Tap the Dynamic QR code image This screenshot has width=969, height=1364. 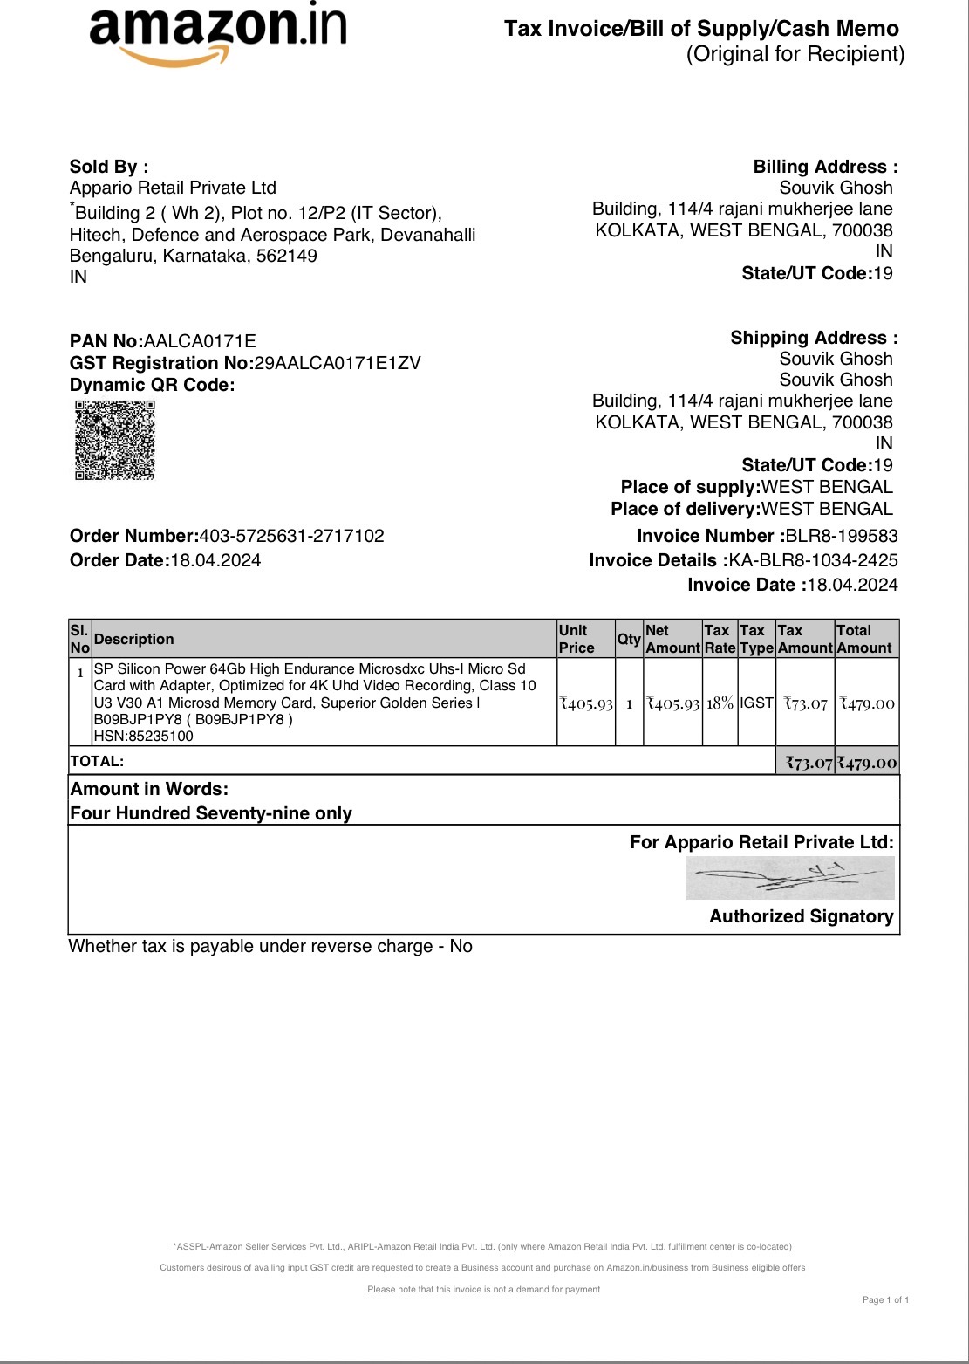(x=114, y=440)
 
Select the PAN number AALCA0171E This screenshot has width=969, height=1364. (x=200, y=341)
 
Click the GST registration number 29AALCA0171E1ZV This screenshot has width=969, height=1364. (x=337, y=363)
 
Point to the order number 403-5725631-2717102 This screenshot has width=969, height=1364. (x=291, y=536)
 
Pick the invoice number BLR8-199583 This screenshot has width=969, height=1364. (x=842, y=536)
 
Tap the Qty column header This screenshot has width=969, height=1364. (x=629, y=639)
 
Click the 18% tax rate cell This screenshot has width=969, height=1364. (x=720, y=703)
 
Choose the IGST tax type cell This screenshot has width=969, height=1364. (x=756, y=703)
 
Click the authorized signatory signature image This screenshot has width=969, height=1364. (x=790, y=878)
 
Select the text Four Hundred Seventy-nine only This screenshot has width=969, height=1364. (x=211, y=813)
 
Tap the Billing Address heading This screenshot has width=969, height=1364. (x=825, y=167)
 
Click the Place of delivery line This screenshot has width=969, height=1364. (x=752, y=509)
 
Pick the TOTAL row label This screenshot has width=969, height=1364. (x=97, y=761)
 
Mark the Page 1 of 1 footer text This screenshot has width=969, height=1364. (x=885, y=1299)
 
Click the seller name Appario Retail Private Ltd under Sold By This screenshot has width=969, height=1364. (x=173, y=188)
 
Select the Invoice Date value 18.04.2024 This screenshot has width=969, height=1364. (x=852, y=585)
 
